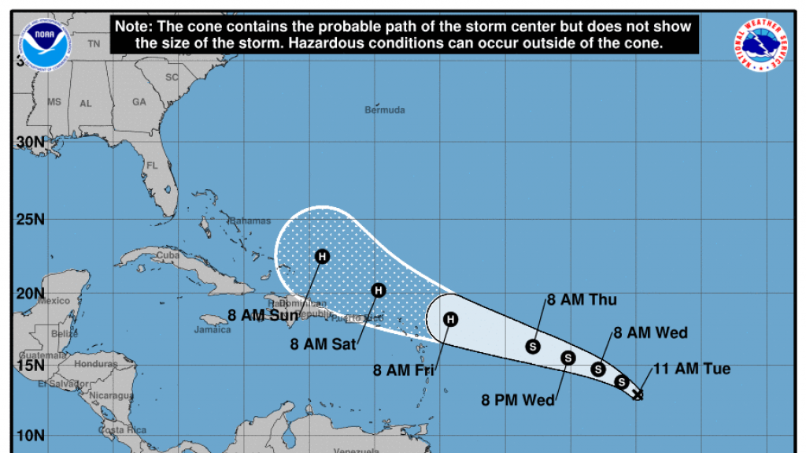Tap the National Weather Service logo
tap(761, 45)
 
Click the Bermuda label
tap(385, 110)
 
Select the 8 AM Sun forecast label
tap(263, 316)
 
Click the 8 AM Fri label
tap(403, 369)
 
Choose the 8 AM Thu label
tap(582, 299)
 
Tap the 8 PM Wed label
tap(518, 399)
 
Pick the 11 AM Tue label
tap(691, 369)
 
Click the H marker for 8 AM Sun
tap(322, 256)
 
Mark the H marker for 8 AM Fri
tap(450, 319)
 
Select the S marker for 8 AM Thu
tap(533, 346)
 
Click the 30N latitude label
tap(30, 143)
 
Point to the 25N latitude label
tap(30, 218)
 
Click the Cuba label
tap(168, 255)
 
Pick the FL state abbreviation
tap(153, 166)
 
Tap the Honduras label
tap(95, 364)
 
